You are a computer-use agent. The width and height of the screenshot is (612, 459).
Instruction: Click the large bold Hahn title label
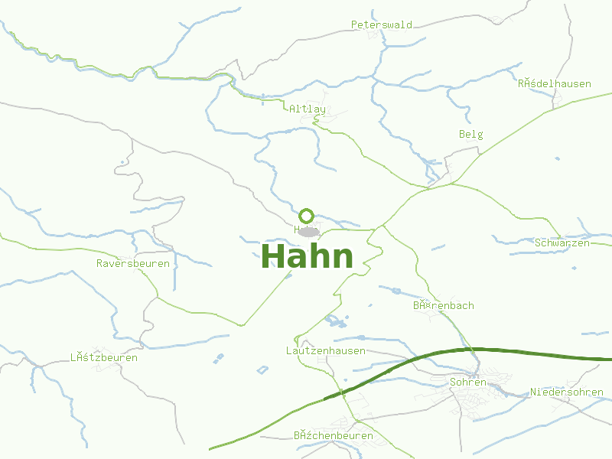(x=308, y=256)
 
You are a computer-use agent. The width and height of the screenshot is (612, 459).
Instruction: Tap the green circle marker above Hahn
(x=307, y=215)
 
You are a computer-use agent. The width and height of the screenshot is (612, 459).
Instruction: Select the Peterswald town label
(x=382, y=24)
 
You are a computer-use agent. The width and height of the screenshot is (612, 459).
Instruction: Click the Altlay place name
(x=308, y=109)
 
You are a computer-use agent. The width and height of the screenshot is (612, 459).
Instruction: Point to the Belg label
(x=471, y=134)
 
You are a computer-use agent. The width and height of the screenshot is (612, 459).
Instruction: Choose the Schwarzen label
(x=562, y=243)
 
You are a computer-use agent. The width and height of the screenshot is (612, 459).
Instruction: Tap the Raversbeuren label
(x=133, y=263)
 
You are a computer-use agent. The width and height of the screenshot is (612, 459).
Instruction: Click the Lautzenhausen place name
(x=325, y=350)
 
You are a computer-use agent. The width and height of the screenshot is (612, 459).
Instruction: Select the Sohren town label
(x=469, y=382)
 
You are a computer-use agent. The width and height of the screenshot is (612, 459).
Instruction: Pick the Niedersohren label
(x=567, y=392)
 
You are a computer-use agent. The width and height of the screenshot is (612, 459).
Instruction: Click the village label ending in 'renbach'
(x=444, y=305)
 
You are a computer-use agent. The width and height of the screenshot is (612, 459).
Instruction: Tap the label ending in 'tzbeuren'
(x=104, y=357)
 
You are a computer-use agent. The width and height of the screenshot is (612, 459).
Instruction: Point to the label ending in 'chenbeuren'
(x=334, y=435)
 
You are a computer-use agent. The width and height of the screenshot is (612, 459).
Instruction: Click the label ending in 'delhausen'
(x=554, y=83)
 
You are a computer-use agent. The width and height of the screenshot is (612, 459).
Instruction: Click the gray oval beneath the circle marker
(x=308, y=231)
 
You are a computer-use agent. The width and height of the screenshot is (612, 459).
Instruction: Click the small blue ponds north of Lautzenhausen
(x=334, y=320)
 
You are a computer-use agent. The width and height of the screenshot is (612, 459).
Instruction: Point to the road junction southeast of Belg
(x=451, y=184)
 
